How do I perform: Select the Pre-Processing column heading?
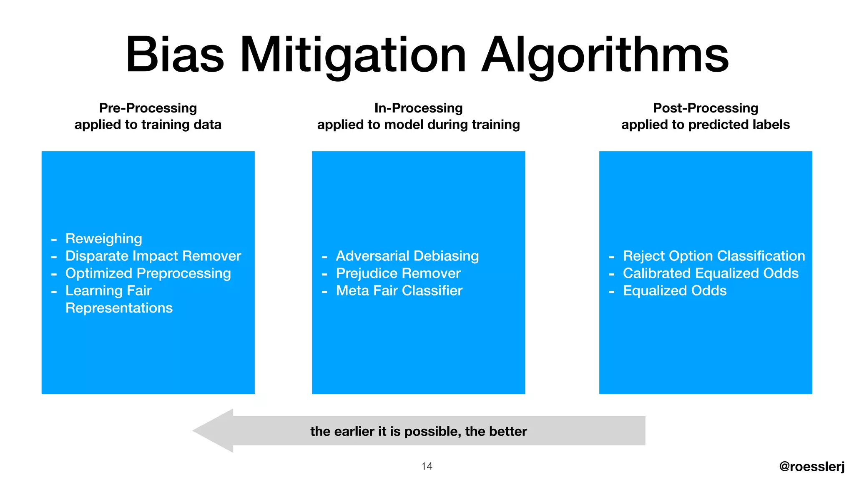point(148,108)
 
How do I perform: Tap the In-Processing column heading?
point(418,108)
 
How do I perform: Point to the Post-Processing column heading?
point(705,108)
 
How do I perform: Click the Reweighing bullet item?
point(103,238)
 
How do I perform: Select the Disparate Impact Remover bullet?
point(153,256)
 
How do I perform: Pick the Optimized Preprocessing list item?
point(148,273)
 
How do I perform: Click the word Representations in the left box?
point(119,308)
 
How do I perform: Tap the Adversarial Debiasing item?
point(407,256)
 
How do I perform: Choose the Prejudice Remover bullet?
point(398,273)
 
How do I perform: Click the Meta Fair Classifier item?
point(399,290)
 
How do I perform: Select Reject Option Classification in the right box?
point(713,256)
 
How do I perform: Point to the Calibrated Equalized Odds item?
point(710,273)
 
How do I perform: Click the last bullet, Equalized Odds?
point(674,290)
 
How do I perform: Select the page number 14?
point(427,466)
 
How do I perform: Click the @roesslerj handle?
point(811,466)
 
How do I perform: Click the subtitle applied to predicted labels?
point(705,125)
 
